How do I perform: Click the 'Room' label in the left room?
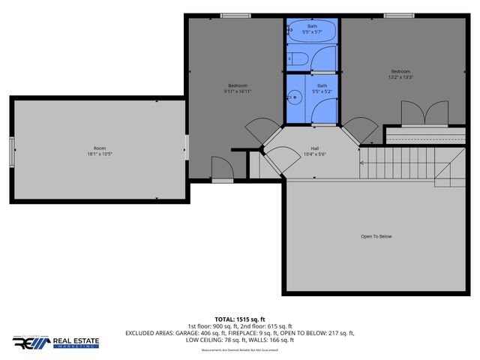(x=99, y=148)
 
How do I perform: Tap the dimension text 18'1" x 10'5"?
(x=99, y=154)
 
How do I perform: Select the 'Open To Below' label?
(x=376, y=236)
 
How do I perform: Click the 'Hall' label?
(x=316, y=148)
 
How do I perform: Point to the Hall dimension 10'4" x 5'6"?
(x=316, y=154)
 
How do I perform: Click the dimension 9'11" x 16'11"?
(x=238, y=91)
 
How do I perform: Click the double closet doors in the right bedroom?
(x=418, y=113)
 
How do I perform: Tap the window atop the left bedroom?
(x=235, y=15)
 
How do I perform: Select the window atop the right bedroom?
(x=398, y=15)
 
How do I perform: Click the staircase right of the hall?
(x=405, y=163)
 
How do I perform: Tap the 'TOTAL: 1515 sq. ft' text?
(x=240, y=319)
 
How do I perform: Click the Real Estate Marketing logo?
(x=56, y=342)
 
